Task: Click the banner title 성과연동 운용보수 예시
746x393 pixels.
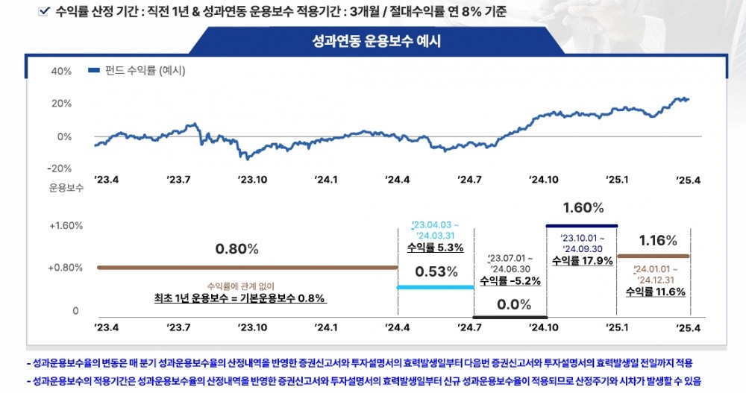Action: [377, 41]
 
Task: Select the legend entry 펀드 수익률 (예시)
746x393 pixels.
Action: [136, 71]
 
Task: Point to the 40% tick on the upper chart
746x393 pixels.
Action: [61, 71]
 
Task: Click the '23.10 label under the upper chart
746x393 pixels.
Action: [253, 180]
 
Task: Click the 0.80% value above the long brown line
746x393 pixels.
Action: [236, 248]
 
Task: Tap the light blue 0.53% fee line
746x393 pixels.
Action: [436, 287]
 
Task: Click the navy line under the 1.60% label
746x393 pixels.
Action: [582, 225]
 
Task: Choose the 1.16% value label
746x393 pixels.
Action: [657, 240]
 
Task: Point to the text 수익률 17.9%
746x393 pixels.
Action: [583, 261]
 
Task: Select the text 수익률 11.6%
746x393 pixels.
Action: [656, 292]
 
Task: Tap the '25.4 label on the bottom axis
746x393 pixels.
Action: [688, 327]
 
